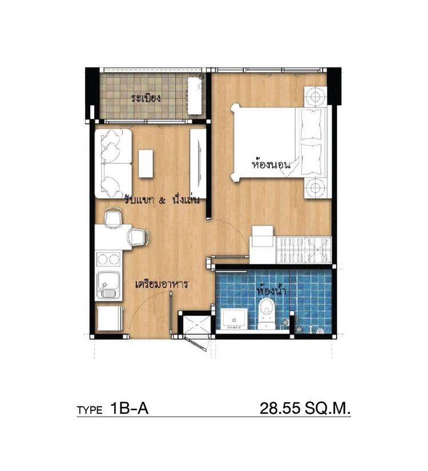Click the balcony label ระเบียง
click(146, 98)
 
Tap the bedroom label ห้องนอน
click(271, 164)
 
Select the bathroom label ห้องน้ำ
click(271, 291)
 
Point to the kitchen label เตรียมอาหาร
click(162, 284)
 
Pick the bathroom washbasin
click(235, 319)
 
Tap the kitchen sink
click(108, 285)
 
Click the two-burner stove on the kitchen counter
click(108, 259)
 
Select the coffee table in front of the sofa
click(146, 164)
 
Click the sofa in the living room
click(114, 163)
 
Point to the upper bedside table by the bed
click(315, 96)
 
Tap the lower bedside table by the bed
click(315, 188)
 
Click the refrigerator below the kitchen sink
click(110, 319)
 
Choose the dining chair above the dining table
click(114, 218)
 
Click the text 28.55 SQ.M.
click(305, 409)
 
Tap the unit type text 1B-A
click(130, 409)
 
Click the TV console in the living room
click(198, 164)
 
